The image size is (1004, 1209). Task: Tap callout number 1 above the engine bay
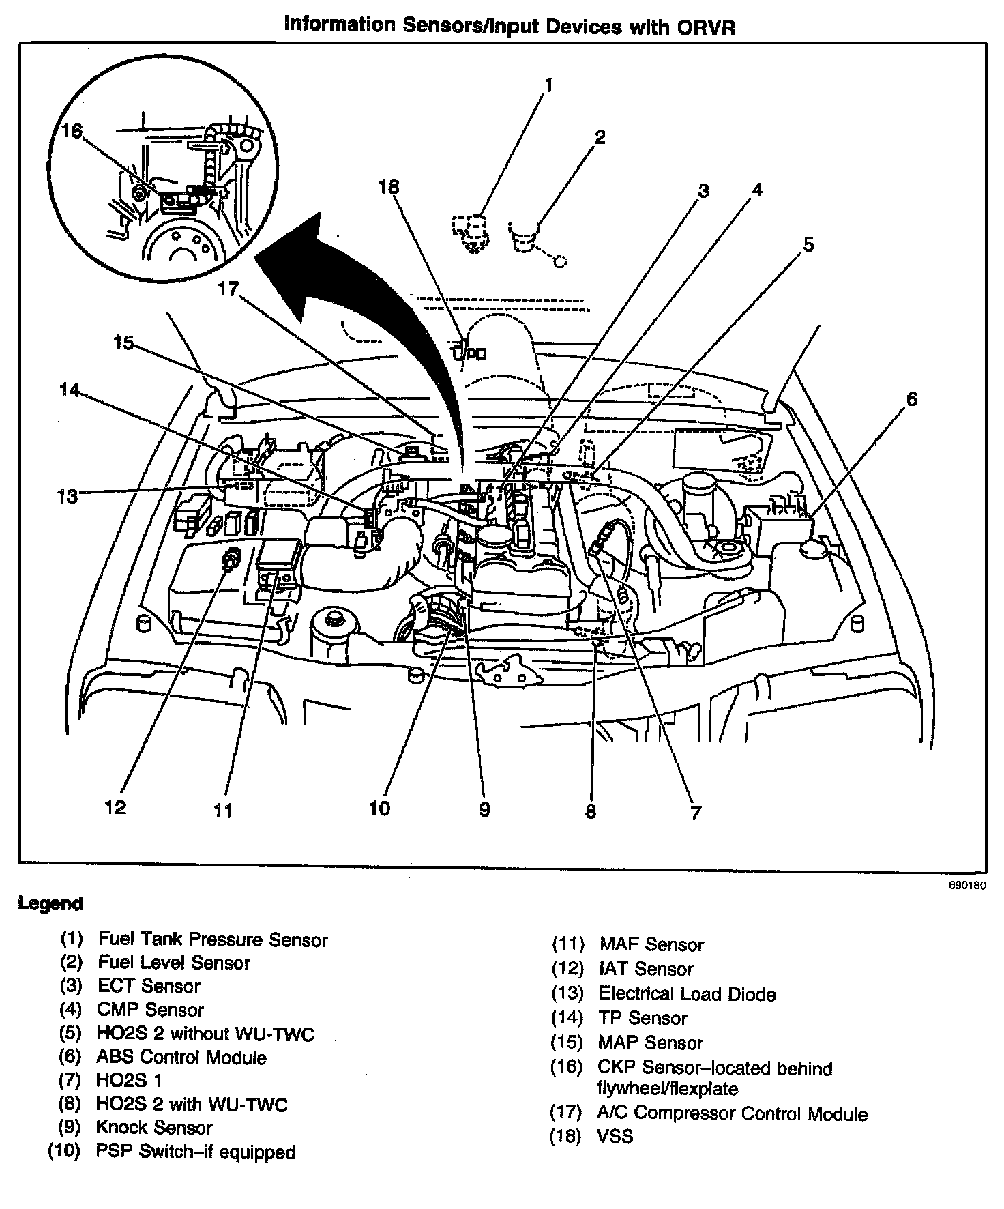[x=548, y=85]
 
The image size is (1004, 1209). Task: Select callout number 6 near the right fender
[x=912, y=398]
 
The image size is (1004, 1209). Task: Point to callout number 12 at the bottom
[x=115, y=806]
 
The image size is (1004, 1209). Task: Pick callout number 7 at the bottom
[x=695, y=813]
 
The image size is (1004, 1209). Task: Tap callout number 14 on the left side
[x=68, y=390]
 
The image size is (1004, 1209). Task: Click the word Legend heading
[x=50, y=904]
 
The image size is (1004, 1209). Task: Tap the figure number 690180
[x=966, y=887]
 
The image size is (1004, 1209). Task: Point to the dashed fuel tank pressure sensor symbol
[x=469, y=233]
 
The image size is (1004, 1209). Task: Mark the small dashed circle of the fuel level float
[x=560, y=261]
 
